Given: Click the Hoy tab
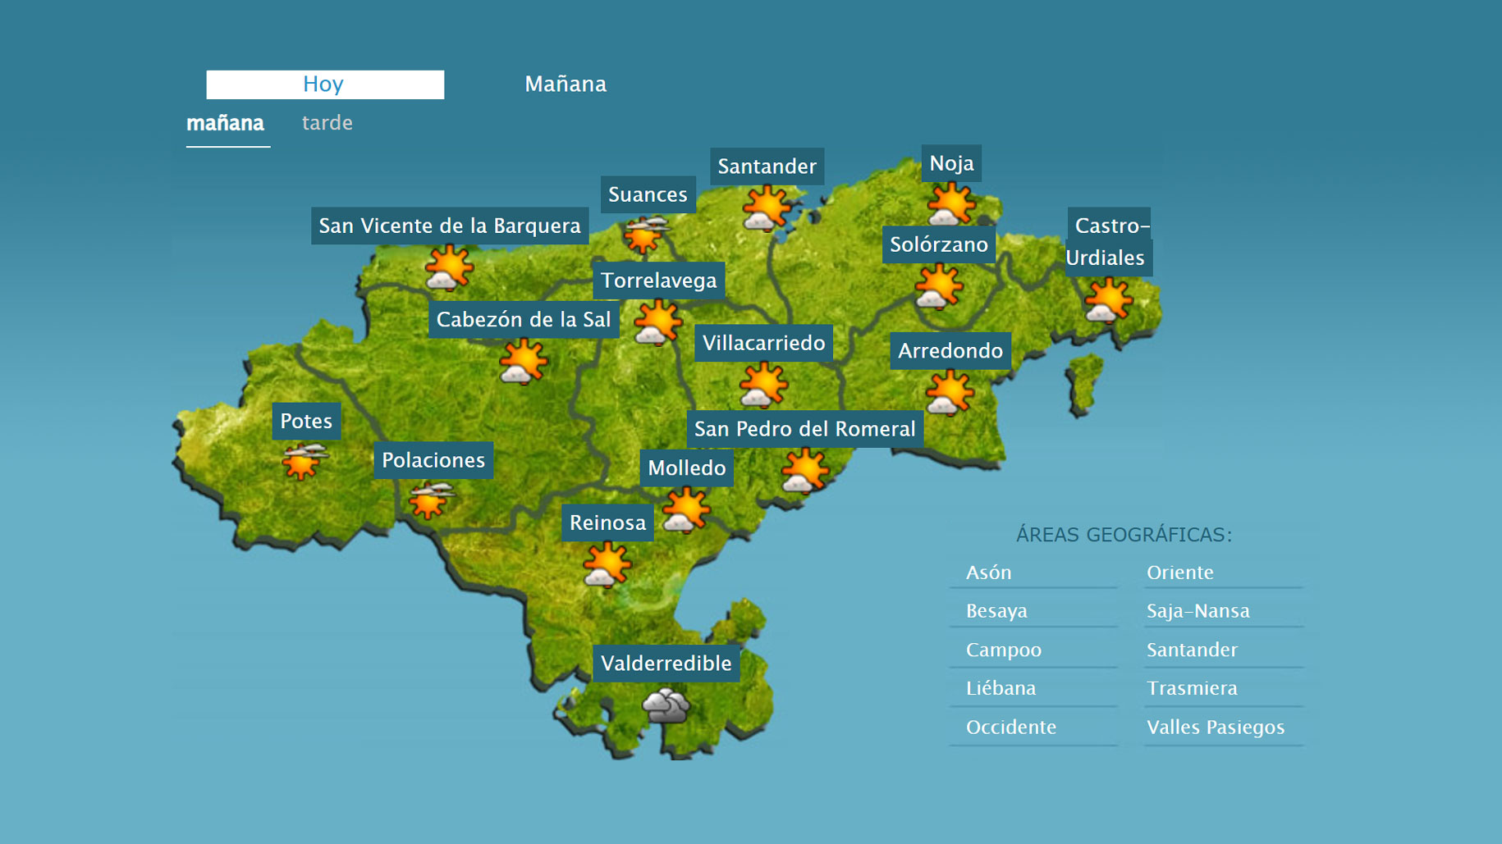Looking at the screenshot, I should pyautogui.click(x=325, y=84).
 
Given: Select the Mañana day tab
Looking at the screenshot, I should pyautogui.click(x=566, y=84).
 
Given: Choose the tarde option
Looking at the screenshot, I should pyautogui.click(x=327, y=123).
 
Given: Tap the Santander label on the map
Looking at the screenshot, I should pyautogui.click(x=767, y=167).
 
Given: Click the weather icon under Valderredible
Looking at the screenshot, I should pyautogui.click(x=666, y=705).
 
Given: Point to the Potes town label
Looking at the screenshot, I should pyautogui.click(x=306, y=422).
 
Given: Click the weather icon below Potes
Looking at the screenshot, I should pyautogui.click(x=303, y=461).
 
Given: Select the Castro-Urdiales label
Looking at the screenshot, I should pyautogui.click(x=1109, y=241).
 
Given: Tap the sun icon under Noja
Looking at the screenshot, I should pyautogui.click(x=950, y=203).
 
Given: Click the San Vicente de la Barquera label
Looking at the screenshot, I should pyautogui.click(x=450, y=226).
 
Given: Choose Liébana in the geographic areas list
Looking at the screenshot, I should pyautogui.click(x=1001, y=688).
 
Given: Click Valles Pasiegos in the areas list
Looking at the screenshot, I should pyautogui.click(x=1216, y=728).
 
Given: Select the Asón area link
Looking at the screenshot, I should pyautogui.click(x=988, y=573).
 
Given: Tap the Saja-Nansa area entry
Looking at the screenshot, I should pyautogui.click(x=1198, y=611).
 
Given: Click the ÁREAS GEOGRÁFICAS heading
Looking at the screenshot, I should pyautogui.click(x=1124, y=535).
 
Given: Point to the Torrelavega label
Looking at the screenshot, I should pyautogui.click(x=658, y=281).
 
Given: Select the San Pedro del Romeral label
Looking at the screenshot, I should pyautogui.click(x=804, y=429).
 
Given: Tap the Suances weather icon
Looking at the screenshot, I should pyautogui.click(x=646, y=235).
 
